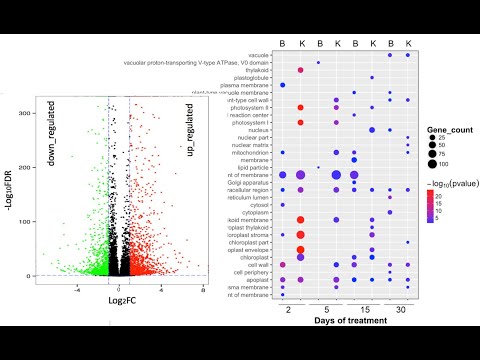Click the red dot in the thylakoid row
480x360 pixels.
click(301, 70)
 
